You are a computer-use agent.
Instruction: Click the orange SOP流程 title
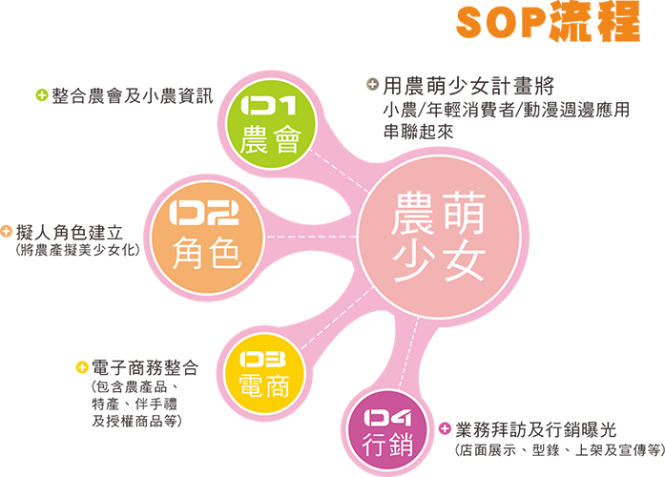548,22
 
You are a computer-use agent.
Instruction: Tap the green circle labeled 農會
271,123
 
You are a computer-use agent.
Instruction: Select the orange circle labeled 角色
207,238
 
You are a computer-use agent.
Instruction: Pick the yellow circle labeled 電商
264,373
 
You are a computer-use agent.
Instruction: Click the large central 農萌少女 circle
439,237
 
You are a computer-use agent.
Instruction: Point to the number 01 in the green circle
268,105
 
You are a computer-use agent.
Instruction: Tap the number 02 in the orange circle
204,213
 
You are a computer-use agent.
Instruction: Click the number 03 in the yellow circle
263,360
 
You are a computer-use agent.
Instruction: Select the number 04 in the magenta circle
387,418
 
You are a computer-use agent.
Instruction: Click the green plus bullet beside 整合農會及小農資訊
42,95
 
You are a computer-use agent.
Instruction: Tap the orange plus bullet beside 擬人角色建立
6,232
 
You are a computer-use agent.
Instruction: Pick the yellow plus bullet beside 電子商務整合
82,367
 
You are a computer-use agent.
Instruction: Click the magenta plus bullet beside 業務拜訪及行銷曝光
445,428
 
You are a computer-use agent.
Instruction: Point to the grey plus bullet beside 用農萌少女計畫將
372,84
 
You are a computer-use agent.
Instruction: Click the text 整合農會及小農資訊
133,95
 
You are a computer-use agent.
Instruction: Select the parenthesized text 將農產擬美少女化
77,250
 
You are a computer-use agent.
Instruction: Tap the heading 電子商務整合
145,367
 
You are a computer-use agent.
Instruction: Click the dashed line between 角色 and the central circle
311,237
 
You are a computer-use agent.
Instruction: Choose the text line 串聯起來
418,132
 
